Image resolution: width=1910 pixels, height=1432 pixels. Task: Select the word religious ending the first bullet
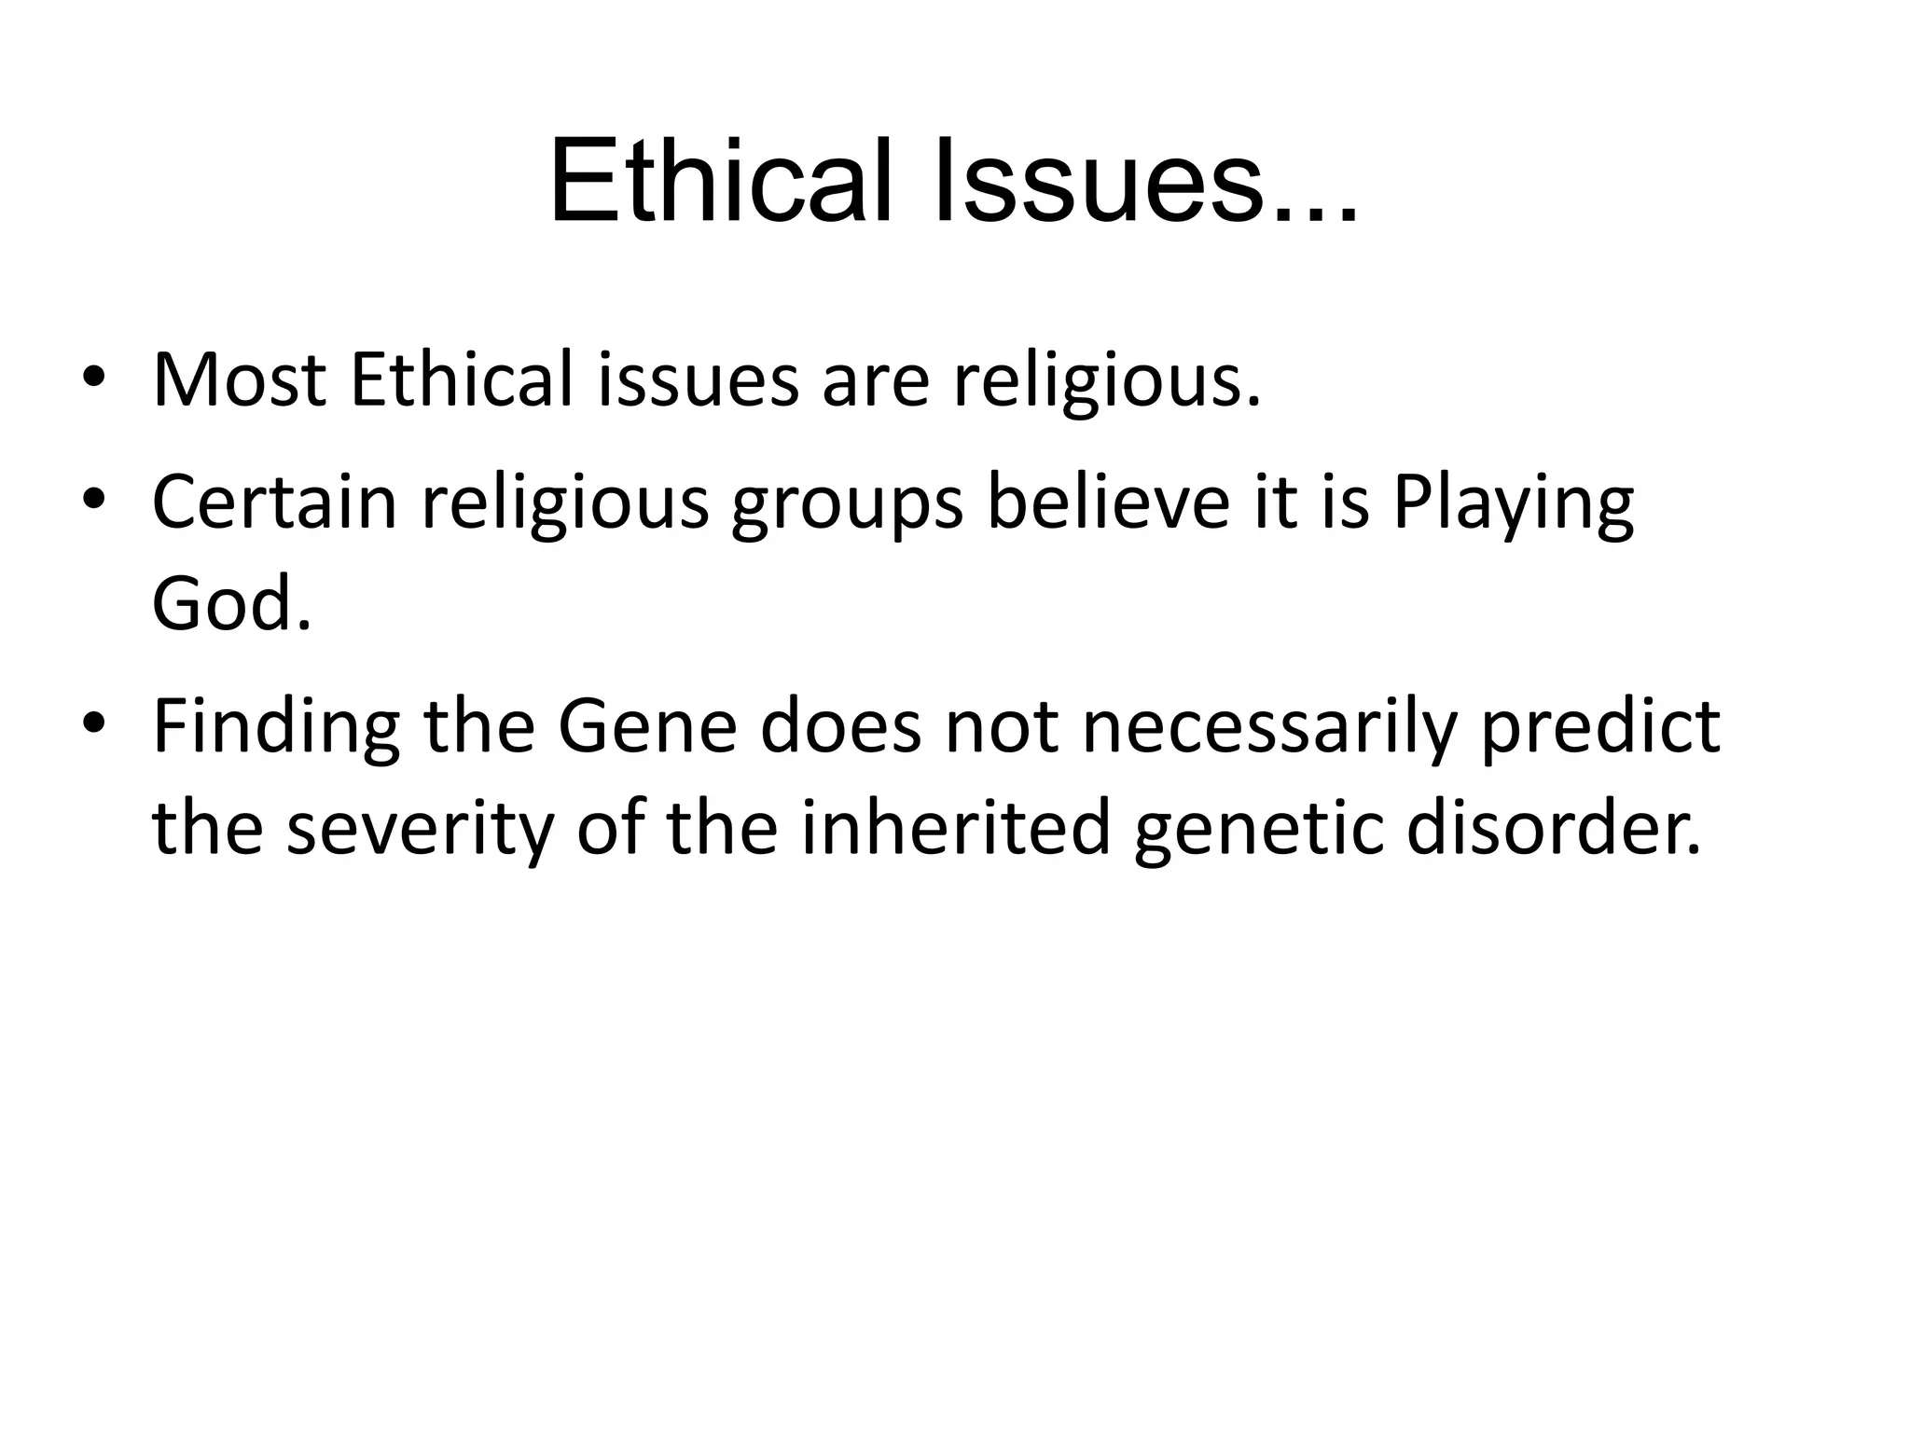1106,382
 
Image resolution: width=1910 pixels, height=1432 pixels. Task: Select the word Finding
276,727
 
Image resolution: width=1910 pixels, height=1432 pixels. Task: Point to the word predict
1600,727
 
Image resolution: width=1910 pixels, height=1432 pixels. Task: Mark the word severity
420,830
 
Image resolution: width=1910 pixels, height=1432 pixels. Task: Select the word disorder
1553,828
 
